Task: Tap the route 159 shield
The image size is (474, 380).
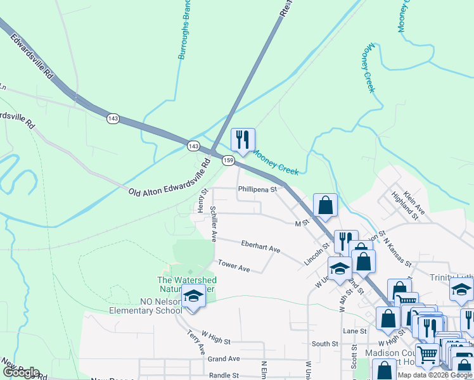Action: click(229, 161)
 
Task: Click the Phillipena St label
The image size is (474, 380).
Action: click(258, 189)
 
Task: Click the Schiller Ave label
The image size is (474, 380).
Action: click(214, 224)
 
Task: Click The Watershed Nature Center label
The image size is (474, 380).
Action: click(187, 284)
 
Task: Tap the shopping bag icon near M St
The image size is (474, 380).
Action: click(325, 206)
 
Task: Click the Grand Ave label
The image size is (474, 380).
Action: click(223, 358)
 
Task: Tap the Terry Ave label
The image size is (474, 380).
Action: click(196, 342)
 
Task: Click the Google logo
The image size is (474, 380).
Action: click(22, 372)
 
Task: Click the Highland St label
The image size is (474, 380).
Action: click(406, 206)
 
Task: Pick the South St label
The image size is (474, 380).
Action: click(325, 344)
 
